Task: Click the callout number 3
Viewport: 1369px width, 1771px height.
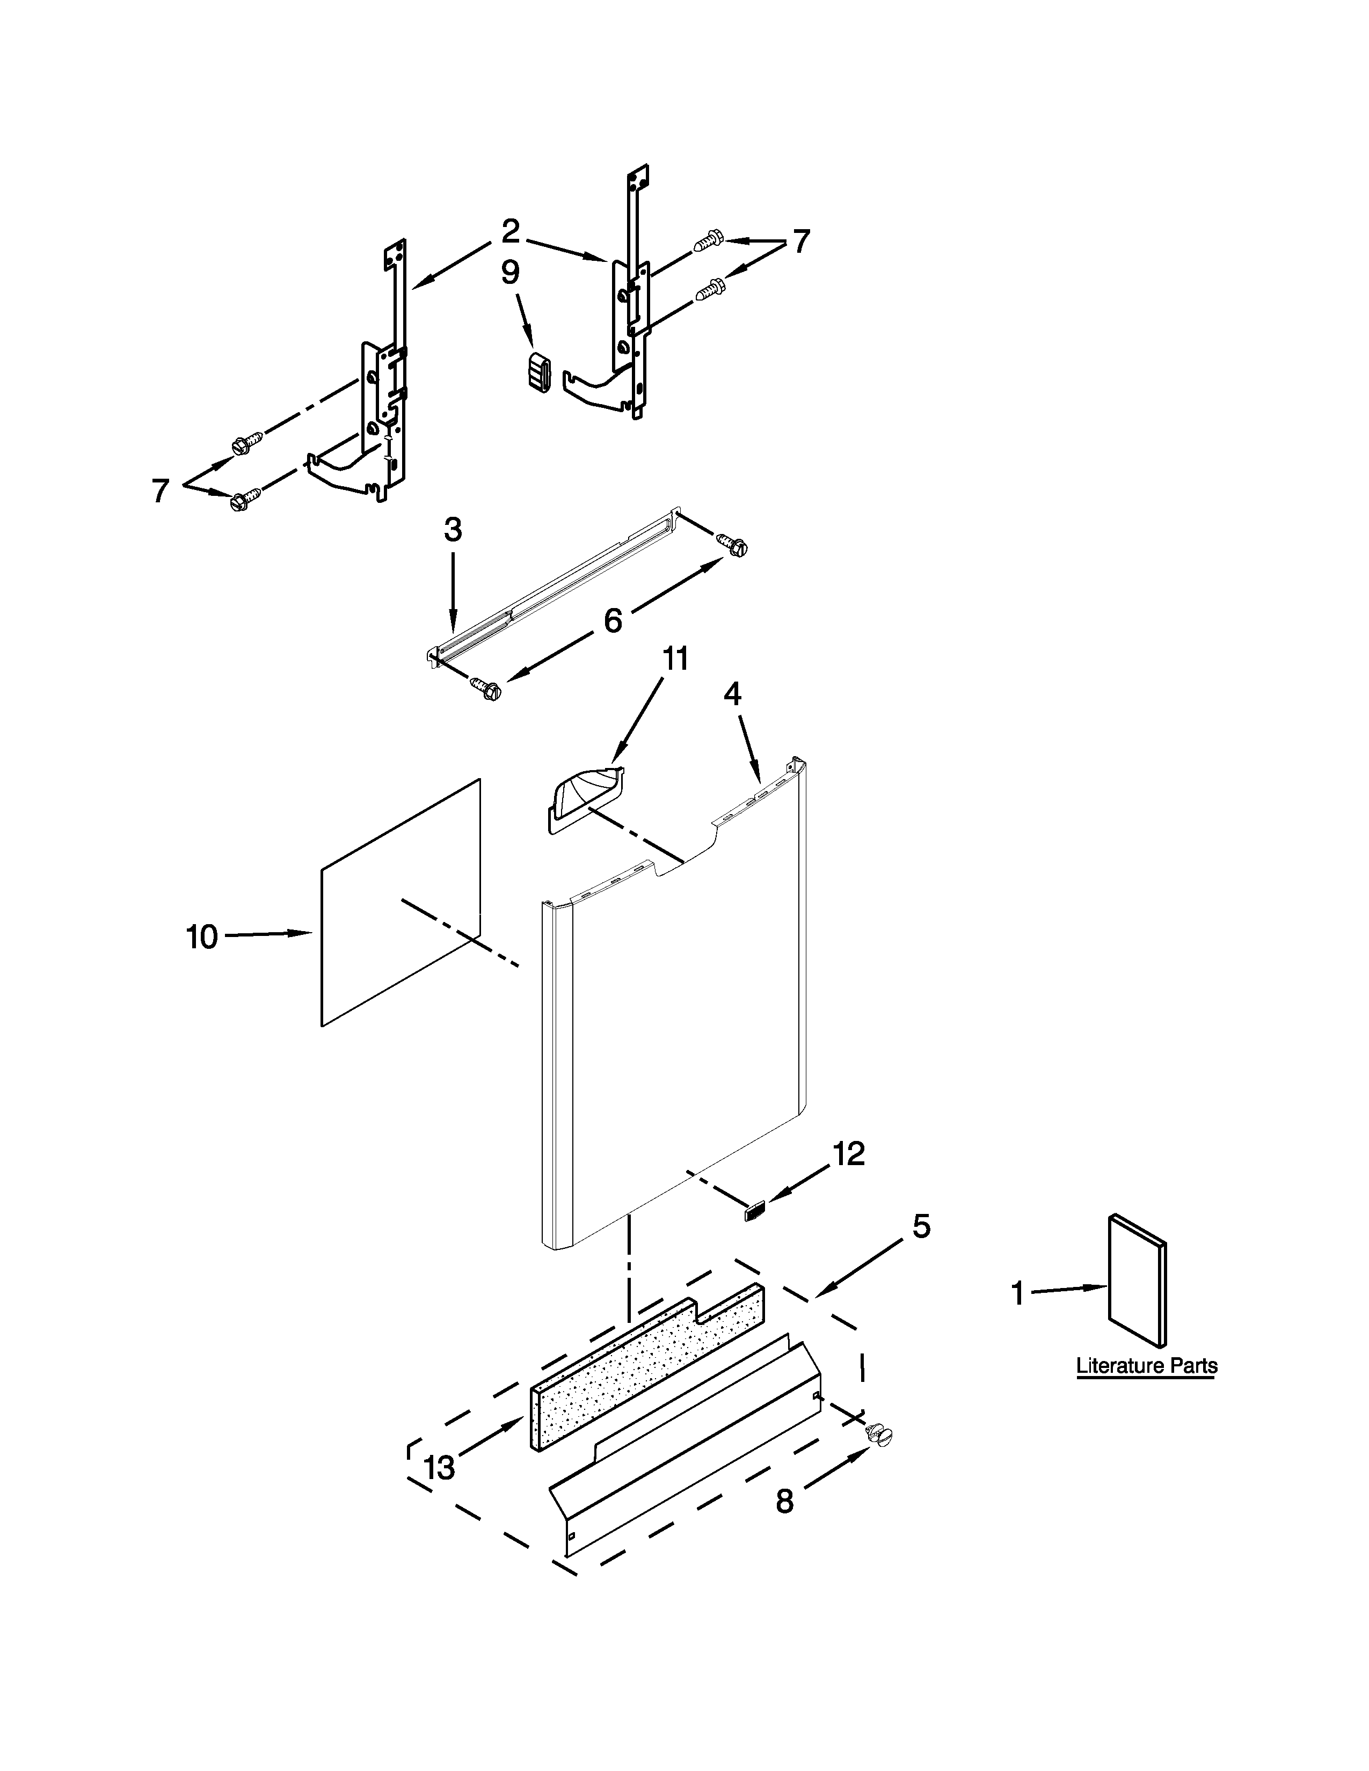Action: pyautogui.click(x=453, y=530)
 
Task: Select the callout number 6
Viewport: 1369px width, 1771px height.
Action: pyautogui.click(x=613, y=620)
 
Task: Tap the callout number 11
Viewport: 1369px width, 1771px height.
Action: pyautogui.click(x=675, y=659)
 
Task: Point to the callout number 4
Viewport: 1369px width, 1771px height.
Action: pyautogui.click(x=732, y=693)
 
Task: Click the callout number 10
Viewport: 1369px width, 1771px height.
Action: pyautogui.click(x=202, y=938)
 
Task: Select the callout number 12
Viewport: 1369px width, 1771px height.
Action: pyautogui.click(x=848, y=1154)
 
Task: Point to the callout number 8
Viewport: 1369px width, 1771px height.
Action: pyautogui.click(x=784, y=1502)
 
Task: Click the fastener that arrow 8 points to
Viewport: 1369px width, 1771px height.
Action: pyautogui.click(x=879, y=1435)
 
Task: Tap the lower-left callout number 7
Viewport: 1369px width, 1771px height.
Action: pyautogui.click(x=161, y=490)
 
